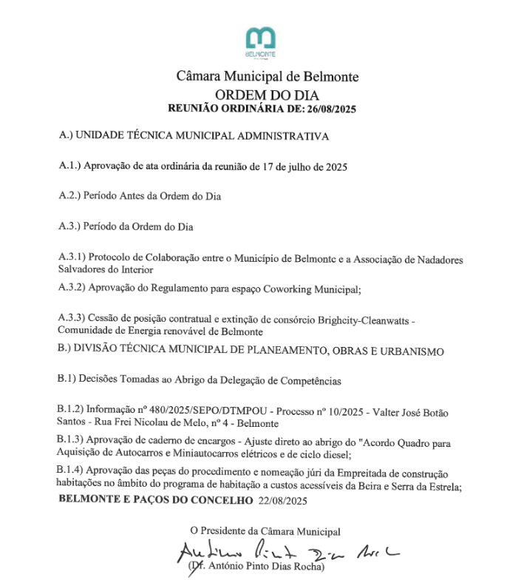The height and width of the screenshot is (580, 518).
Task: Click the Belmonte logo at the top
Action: (260, 43)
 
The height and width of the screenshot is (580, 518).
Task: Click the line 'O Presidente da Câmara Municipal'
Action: (265, 530)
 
